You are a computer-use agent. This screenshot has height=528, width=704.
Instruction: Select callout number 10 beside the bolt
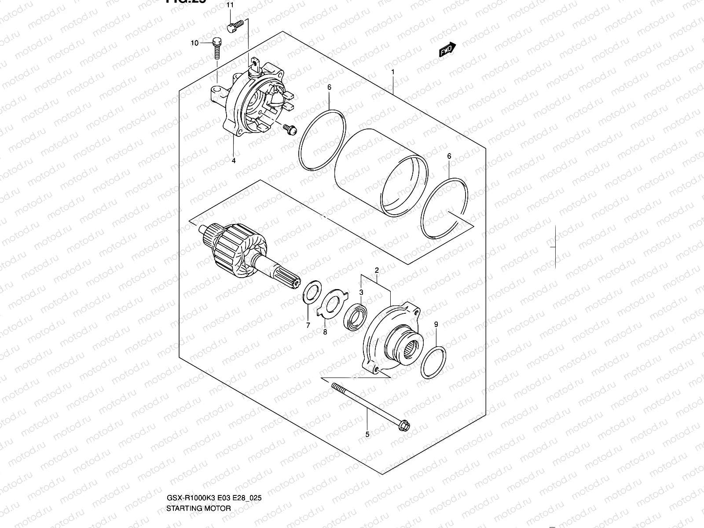coord(194,43)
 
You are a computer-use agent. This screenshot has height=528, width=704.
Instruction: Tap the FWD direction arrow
coord(448,50)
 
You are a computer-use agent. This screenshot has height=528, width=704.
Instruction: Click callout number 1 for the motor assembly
coord(393,72)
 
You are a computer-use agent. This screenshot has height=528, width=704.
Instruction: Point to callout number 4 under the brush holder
coord(234,161)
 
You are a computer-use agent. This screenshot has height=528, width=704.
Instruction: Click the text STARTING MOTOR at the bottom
coord(198,508)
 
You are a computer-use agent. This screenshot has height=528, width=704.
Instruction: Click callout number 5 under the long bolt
coord(367,435)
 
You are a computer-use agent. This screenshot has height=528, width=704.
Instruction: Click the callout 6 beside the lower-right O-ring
coord(449,156)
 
